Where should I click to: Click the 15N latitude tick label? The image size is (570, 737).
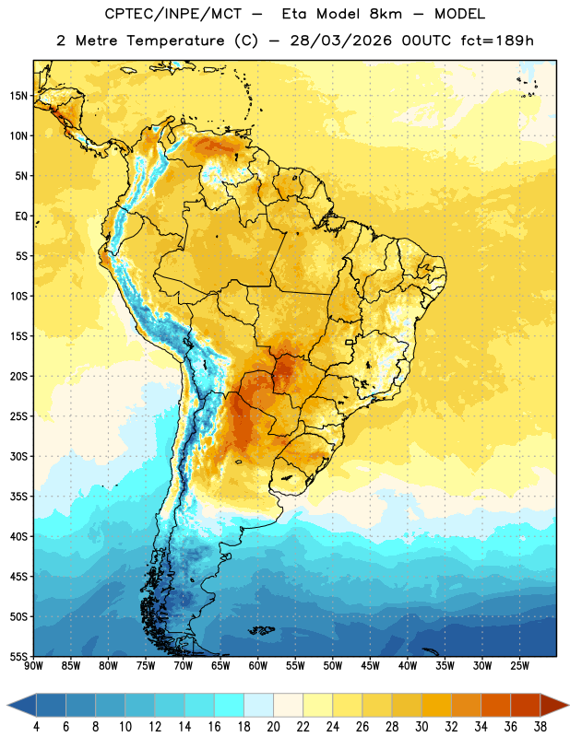click(x=18, y=96)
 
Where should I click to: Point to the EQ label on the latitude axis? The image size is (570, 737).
click(x=21, y=216)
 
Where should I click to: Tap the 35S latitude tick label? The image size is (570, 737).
click(x=18, y=497)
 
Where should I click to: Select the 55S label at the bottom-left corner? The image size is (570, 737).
click(x=18, y=656)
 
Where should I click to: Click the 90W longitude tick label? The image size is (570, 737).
click(x=33, y=666)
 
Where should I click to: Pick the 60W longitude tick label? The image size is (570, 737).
click(x=258, y=666)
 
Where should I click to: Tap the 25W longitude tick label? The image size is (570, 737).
click(x=519, y=666)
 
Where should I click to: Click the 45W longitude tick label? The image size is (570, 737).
click(x=370, y=666)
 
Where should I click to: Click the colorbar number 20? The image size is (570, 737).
click(x=273, y=727)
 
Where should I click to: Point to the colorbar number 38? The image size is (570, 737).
click(x=540, y=727)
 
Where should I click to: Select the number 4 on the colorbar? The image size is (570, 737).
click(x=36, y=727)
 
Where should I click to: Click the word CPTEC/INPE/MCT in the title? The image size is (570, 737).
click(x=173, y=14)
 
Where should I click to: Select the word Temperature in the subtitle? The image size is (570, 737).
click(x=175, y=41)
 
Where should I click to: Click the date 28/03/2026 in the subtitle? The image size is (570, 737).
click(x=340, y=41)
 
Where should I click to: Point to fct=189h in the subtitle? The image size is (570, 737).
click(x=497, y=41)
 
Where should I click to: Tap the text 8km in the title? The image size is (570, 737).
click(x=386, y=14)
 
